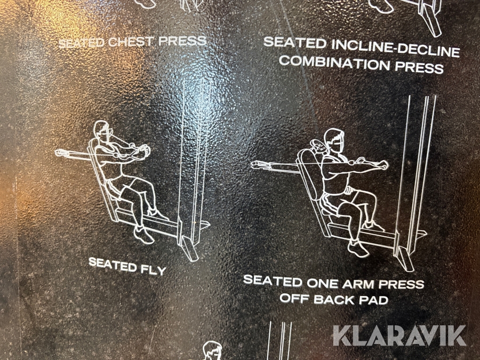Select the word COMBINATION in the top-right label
point(334,63)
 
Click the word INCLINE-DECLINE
point(396,48)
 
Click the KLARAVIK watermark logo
point(399,335)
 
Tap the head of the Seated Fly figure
point(102,131)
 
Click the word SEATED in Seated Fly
point(113,265)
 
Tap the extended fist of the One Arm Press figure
point(383,165)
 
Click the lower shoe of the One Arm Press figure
point(358,248)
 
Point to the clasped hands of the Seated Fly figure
point(144,150)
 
